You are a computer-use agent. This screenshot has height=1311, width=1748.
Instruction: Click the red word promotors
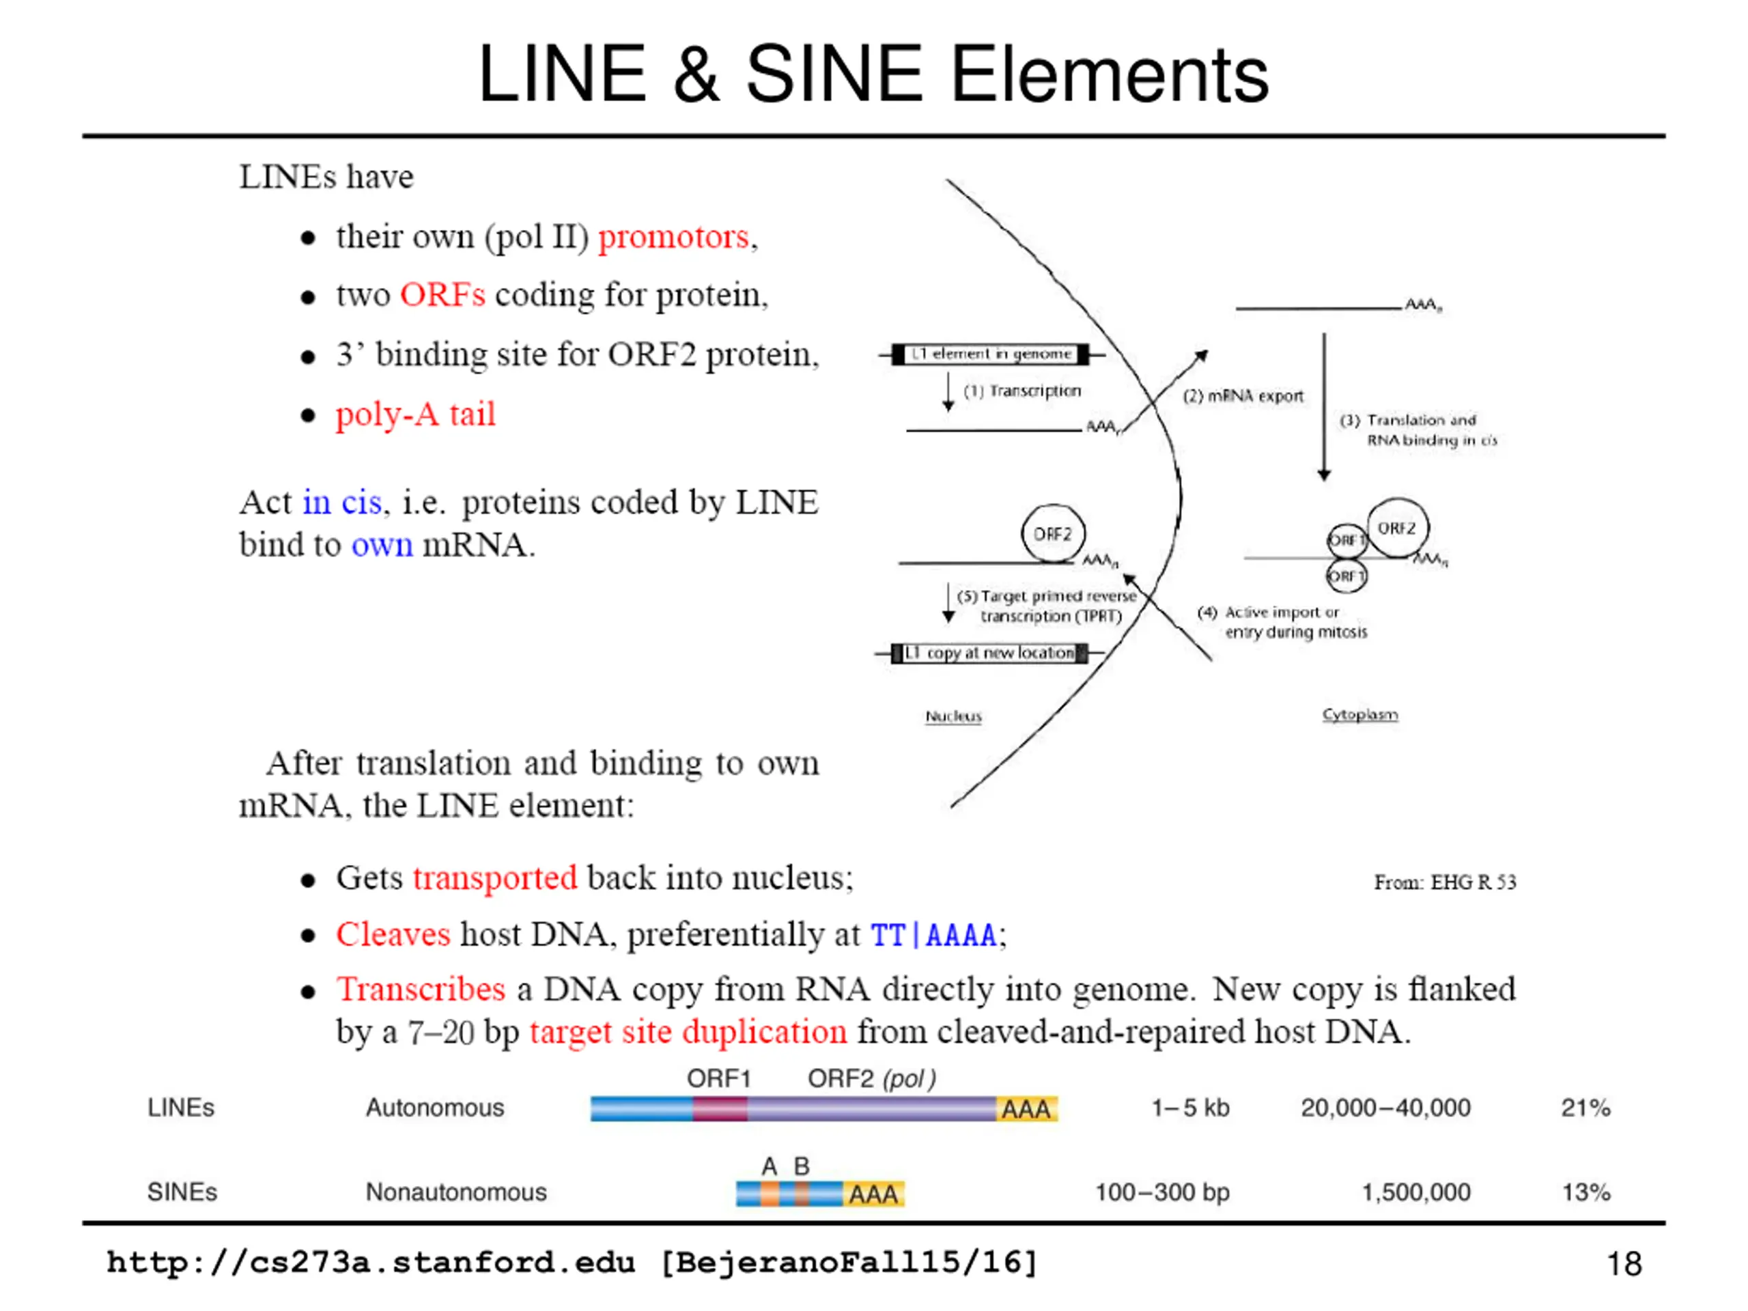click(673, 237)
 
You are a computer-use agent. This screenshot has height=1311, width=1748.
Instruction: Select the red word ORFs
click(442, 295)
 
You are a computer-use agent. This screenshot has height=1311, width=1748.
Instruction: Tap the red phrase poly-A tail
click(416, 414)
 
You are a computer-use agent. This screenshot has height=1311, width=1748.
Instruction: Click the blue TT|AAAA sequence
click(933, 935)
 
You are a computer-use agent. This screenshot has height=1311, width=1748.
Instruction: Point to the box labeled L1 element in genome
click(991, 354)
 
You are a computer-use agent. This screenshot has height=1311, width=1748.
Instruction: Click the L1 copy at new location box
click(989, 653)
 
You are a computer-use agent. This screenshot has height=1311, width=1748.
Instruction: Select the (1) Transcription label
click(1021, 391)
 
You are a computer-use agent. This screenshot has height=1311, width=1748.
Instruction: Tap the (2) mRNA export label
click(1242, 396)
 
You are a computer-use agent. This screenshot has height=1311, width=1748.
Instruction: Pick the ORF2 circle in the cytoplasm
click(1397, 527)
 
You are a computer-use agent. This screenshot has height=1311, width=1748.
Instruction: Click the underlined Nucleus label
click(953, 716)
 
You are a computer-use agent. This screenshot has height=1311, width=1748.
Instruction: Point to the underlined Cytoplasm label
click(1360, 714)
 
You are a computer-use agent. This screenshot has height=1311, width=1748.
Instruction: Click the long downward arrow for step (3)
click(1325, 407)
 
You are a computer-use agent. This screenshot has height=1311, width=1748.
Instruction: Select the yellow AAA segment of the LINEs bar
click(1026, 1109)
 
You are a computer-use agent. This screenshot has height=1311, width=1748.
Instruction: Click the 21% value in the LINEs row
click(1585, 1108)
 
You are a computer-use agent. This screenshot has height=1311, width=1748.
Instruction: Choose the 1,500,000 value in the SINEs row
click(1415, 1192)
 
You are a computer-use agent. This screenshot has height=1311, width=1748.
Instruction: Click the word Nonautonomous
click(456, 1192)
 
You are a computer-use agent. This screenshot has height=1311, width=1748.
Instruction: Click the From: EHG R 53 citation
click(1445, 882)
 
